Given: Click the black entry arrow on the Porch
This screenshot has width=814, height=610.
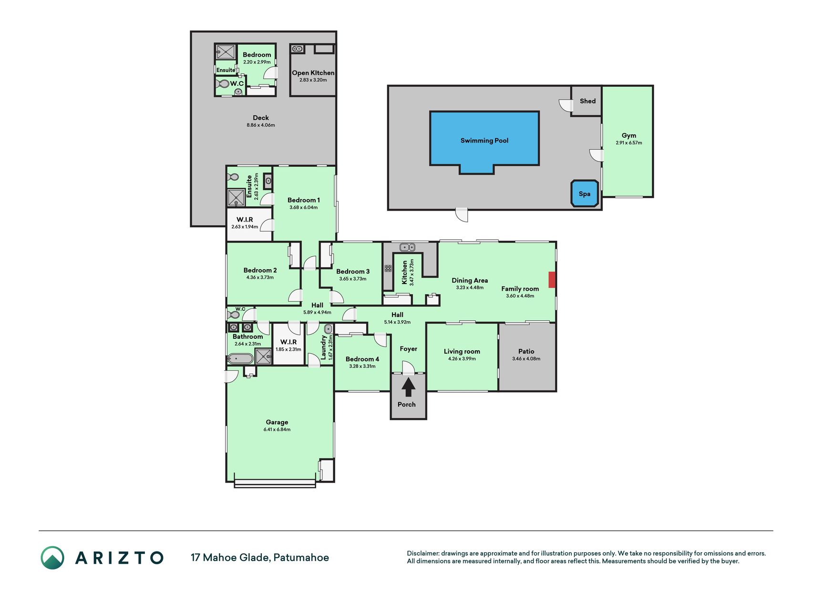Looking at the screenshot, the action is click(408, 387).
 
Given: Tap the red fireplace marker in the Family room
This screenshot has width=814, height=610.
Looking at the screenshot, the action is click(552, 280).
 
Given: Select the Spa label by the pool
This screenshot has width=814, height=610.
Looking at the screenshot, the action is click(584, 194).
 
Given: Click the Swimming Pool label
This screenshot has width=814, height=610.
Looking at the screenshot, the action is click(484, 141).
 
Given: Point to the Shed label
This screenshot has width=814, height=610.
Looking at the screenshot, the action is click(587, 101).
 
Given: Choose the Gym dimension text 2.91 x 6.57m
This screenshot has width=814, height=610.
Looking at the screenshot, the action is click(629, 142).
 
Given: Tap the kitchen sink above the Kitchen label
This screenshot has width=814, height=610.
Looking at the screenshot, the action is click(407, 247).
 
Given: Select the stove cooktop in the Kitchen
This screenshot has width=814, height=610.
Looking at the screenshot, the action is click(388, 268).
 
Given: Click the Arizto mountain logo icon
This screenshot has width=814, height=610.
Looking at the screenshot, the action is click(52, 558).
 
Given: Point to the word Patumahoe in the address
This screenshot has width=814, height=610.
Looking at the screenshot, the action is click(301, 558).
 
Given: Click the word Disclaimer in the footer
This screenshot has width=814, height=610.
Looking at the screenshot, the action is click(422, 553).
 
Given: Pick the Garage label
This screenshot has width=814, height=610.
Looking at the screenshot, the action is click(277, 422).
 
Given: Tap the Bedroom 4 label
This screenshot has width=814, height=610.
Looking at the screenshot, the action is click(362, 359).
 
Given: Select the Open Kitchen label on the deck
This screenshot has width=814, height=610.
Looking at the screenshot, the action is click(313, 73).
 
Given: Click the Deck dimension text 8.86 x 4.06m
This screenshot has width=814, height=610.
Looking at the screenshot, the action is click(260, 125).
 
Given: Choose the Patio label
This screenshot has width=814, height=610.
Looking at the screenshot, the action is click(526, 351).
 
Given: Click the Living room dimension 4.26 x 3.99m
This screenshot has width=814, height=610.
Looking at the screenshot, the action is click(462, 358).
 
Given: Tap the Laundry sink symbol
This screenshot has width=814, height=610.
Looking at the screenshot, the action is click(328, 329).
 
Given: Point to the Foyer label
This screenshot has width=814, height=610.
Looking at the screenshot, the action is click(408, 349).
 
